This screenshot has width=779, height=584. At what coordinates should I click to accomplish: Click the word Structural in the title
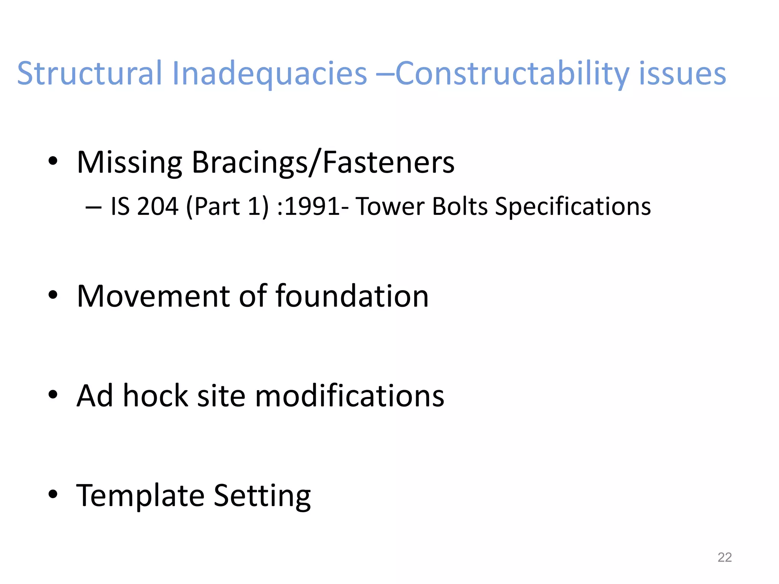90,73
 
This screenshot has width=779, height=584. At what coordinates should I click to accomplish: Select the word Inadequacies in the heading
269,73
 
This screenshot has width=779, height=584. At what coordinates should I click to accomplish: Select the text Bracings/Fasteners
323,163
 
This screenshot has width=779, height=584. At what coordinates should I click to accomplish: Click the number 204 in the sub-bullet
157,206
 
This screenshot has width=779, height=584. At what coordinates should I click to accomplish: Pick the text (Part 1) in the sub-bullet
227,206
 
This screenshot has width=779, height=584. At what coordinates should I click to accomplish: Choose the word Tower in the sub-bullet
390,206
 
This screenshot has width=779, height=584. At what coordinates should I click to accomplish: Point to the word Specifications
573,206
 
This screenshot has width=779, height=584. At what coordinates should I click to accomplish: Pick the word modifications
349,396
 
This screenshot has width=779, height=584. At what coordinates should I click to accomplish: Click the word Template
140,495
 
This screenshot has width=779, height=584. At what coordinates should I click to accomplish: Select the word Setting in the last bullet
262,495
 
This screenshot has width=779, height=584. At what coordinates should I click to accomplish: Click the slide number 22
724,557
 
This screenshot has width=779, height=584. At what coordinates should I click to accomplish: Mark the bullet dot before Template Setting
53,494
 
